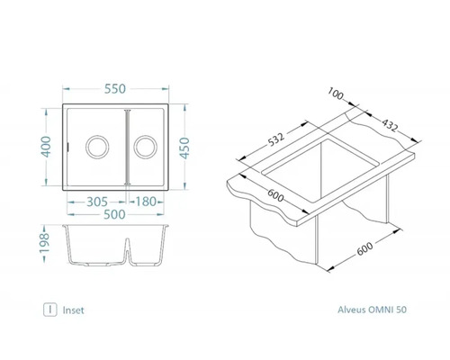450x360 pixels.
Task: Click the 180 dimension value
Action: point(148,201)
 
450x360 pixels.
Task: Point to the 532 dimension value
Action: point(281,138)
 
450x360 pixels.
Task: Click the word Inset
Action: point(74,309)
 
